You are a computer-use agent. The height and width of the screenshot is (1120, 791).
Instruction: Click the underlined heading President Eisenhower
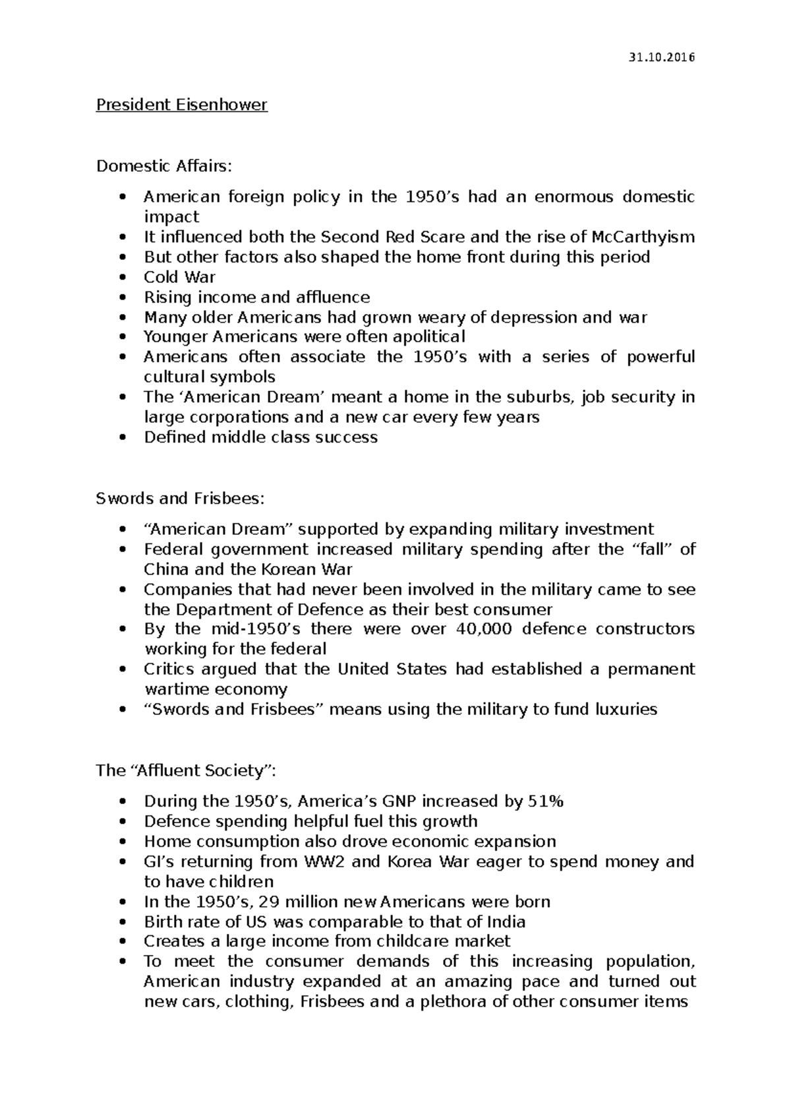pos(182,105)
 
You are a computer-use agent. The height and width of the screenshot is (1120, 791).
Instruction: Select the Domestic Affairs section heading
pos(164,166)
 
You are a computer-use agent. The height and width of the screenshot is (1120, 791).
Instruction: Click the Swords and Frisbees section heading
pos(179,498)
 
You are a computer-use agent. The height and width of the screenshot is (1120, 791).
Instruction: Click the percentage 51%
pos(546,801)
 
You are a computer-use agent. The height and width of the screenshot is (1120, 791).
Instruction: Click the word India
pos(506,921)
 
